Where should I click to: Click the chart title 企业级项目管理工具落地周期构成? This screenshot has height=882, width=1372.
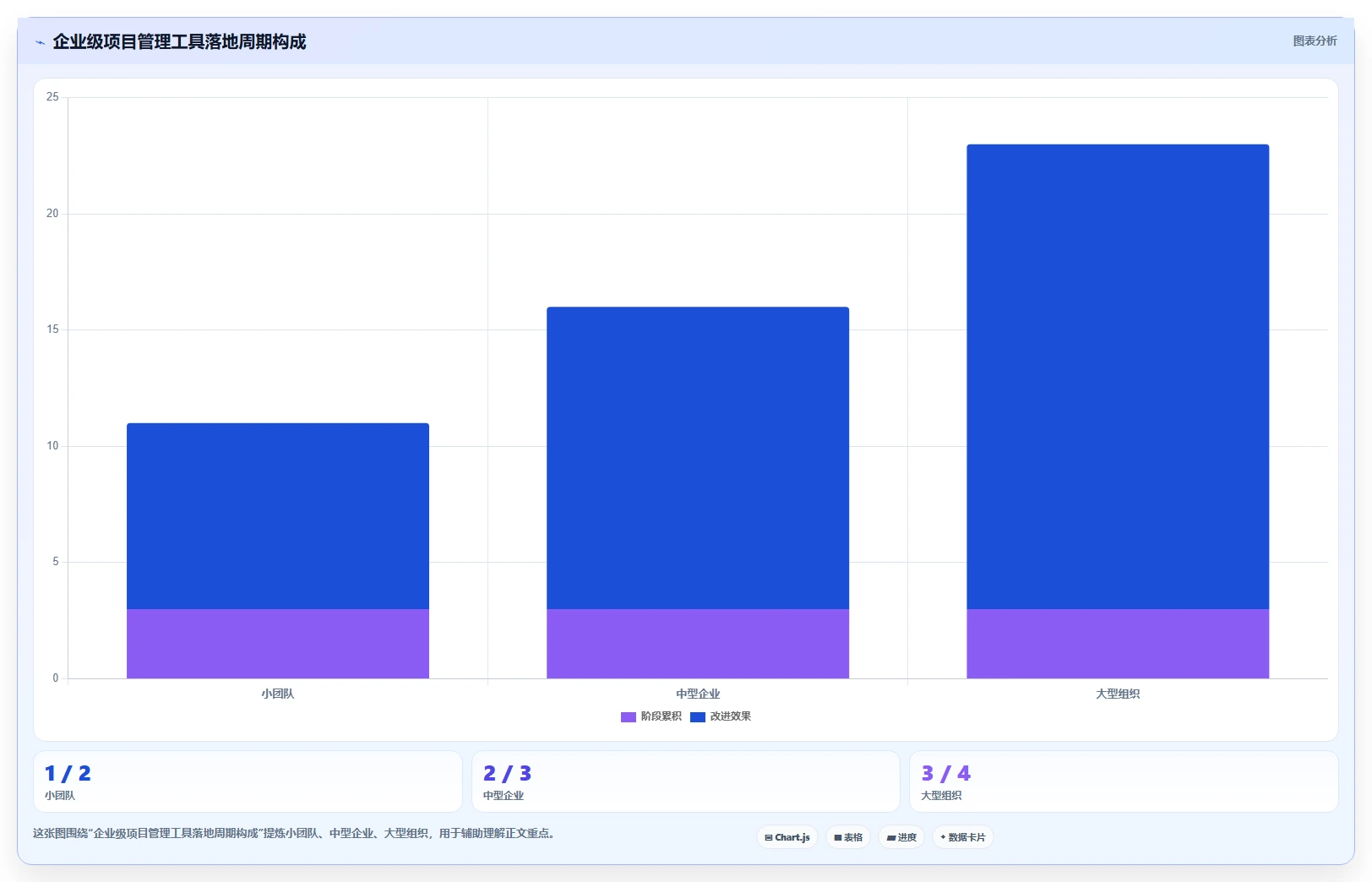(179, 41)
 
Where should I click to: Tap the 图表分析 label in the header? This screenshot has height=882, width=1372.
(1315, 41)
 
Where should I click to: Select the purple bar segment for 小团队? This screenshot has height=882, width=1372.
(278, 644)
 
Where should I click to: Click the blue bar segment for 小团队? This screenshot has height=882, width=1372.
(278, 515)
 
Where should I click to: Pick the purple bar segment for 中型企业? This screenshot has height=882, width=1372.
(698, 644)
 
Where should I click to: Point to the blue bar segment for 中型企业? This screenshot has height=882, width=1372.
(698, 458)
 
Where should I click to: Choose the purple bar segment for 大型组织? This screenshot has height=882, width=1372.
(1118, 644)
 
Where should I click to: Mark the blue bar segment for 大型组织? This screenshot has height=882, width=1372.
(1118, 377)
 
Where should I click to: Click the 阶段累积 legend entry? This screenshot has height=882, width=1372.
(651, 716)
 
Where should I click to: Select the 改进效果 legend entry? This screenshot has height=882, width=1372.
(721, 716)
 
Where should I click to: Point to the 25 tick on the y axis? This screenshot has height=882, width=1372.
(52, 97)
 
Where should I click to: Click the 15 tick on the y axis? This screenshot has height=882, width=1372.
(52, 329)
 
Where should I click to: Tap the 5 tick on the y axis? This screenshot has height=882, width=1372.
(56, 562)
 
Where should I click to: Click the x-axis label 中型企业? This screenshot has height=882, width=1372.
(698, 694)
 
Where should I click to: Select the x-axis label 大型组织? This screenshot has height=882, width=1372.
(1118, 694)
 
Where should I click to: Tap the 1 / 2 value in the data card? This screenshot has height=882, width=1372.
(68, 774)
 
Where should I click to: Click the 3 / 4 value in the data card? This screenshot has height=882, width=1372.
(946, 774)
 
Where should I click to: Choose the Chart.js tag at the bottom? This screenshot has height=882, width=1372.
(787, 837)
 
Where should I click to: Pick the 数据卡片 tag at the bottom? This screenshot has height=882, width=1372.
(963, 837)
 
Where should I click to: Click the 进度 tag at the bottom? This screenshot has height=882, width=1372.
(901, 837)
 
